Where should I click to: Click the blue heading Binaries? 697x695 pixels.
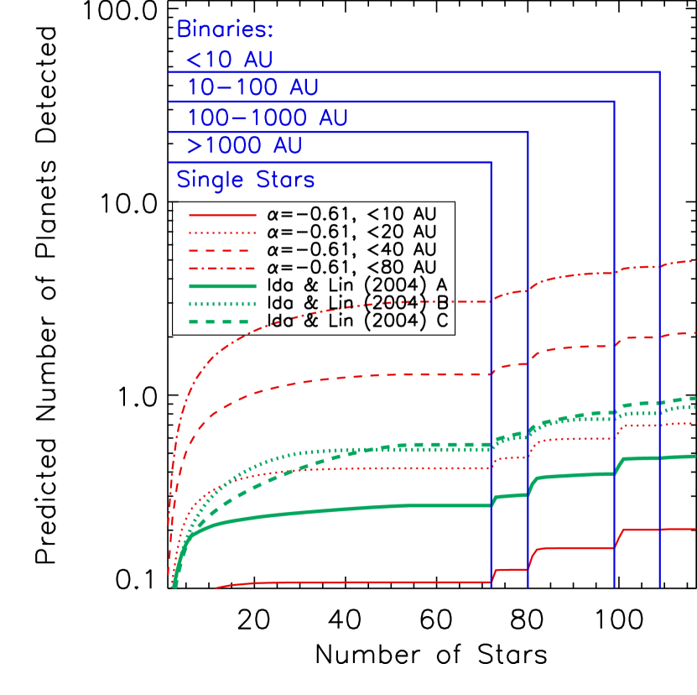coord(225,29)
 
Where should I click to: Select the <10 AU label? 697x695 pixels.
coord(229,60)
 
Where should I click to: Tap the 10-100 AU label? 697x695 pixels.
coord(252,88)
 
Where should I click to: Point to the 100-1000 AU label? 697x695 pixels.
coord(267,118)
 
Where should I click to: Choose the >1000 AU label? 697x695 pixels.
coord(244,146)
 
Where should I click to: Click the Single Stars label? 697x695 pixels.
coord(246,180)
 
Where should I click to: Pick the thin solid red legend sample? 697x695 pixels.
coord(222,215)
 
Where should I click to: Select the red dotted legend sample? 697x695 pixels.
coord(222,233)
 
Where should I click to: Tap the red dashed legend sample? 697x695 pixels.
coord(222,251)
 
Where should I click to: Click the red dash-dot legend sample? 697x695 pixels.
coord(222,269)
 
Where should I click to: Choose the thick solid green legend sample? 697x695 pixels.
coord(222,286)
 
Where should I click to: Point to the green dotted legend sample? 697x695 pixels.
coord(222,304)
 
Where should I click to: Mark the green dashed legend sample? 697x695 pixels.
coord(222,321)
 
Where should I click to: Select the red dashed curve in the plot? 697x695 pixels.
coord(377,376)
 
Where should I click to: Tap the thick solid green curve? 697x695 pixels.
coord(377,507)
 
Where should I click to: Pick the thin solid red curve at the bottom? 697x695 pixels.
coord(377,582)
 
